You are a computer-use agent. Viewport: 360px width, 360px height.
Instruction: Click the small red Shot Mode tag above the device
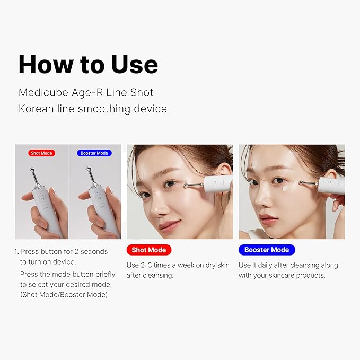pyautogui.click(x=41, y=153)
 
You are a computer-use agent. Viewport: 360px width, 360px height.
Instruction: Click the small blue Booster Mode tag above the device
pyautogui.click(x=94, y=153)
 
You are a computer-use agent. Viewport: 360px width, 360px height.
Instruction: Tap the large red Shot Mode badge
pyautogui.click(x=148, y=250)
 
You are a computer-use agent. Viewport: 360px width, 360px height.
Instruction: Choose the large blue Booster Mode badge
pyautogui.click(x=266, y=250)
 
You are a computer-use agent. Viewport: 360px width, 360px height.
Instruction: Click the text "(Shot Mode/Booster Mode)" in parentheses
pyautogui.click(x=64, y=294)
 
